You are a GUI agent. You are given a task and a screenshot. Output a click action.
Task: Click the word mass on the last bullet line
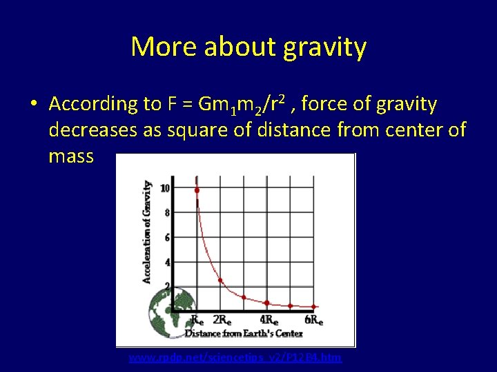pos(71,156)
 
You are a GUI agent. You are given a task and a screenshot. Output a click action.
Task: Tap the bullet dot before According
pos(33,104)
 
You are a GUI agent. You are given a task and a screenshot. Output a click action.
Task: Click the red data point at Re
pos(197,190)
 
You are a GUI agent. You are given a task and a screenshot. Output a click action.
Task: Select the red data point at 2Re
pos(220,280)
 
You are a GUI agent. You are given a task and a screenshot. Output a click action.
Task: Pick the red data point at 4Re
pos(267,302)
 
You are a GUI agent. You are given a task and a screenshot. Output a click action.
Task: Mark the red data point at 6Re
pos(314,307)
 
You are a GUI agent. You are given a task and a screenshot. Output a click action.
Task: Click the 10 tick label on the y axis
pos(165,188)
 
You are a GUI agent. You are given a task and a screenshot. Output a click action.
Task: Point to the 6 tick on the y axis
pos(166,238)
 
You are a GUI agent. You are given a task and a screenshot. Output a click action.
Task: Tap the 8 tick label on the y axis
pos(166,213)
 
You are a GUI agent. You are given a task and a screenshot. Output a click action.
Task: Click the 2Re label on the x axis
pos(222,320)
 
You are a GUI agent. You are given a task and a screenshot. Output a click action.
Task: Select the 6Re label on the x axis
pos(314,320)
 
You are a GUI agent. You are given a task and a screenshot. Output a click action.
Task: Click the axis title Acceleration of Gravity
pos(147,231)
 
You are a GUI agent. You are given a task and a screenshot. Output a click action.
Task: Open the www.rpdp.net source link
pos(235,358)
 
